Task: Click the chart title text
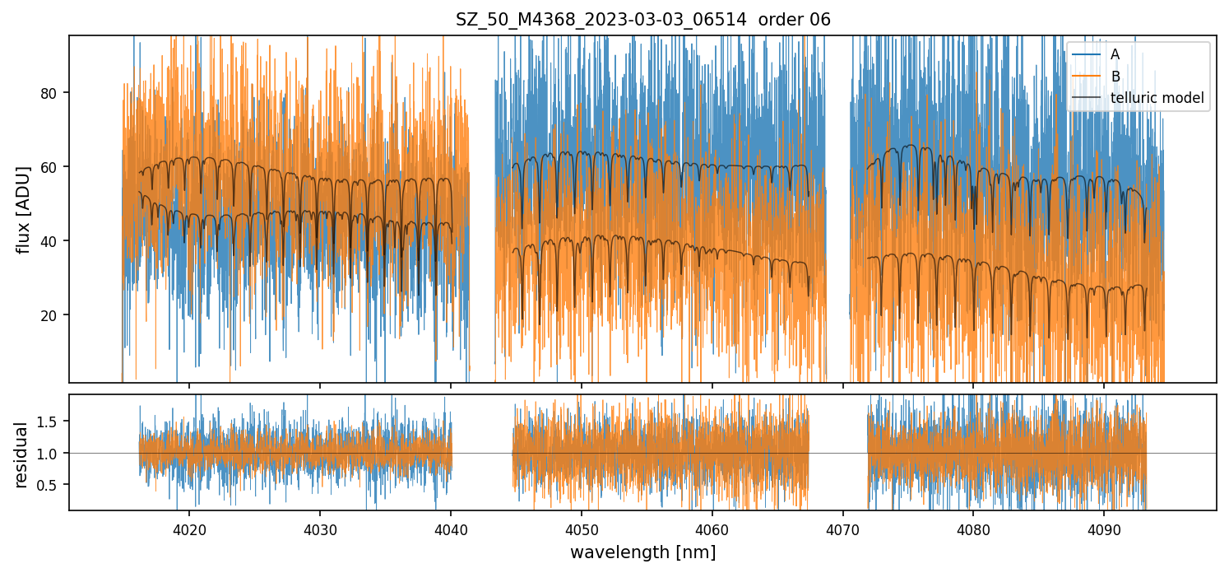pyautogui.click(x=642, y=20)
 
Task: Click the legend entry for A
pyautogui.click(x=1115, y=54)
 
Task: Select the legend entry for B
pyautogui.click(x=1115, y=77)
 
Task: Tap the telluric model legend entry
pyautogui.click(x=1157, y=99)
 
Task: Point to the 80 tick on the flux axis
pyautogui.click(x=50, y=93)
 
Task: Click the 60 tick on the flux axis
pyautogui.click(x=50, y=167)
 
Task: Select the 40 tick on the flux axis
pyautogui.click(x=50, y=241)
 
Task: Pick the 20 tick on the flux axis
pyautogui.click(x=50, y=315)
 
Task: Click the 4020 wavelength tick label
pyautogui.click(x=189, y=528)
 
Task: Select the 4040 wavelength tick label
pyautogui.click(x=451, y=528)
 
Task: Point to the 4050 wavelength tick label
pyautogui.click(x=582, y=528)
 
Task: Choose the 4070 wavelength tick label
pyautogui.click(x=843, y=528)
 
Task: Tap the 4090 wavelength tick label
pyautogui.click(x=1104, y=528)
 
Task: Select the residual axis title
pyautogui.click(x=22, y=454)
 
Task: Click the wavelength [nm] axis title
pyautogui.click(x=642, y=552)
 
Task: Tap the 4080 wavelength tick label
pyautogui.click(x=973, y=528)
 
